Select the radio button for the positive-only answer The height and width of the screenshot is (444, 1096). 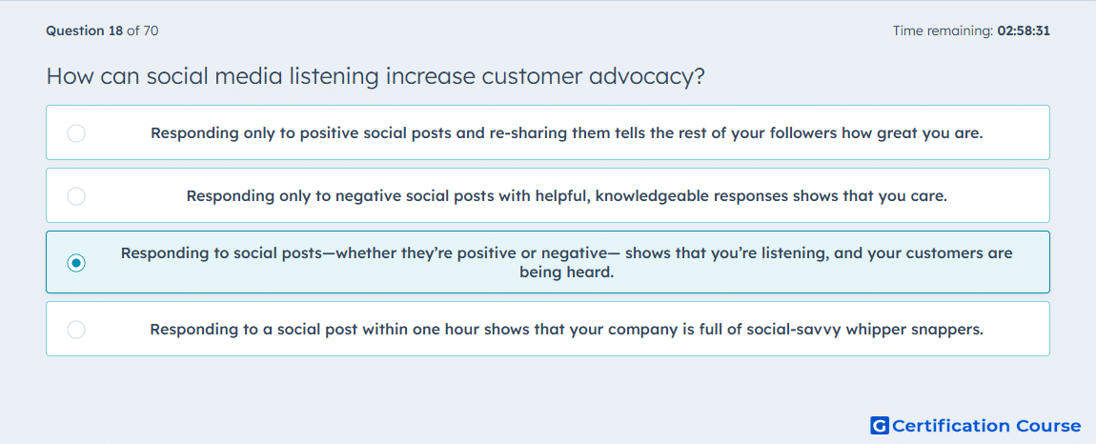click(x=76, y=132)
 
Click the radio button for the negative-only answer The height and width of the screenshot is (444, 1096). click(x=76, y=196)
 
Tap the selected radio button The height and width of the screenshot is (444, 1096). click(x=76, y=263)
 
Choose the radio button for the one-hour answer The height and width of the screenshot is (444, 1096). click(x=76, y=330)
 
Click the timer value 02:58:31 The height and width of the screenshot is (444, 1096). click(x=1024, y=30)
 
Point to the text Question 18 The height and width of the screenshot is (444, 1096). click(x=85, y=30)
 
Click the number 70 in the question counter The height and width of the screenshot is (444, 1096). click(x=151, y=30)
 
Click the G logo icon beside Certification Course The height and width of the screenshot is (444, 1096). click(x=880, y=425)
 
